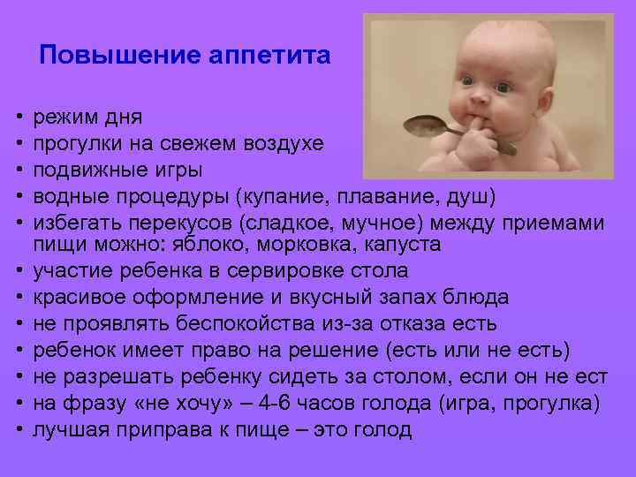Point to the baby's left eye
[x=503, y=88]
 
